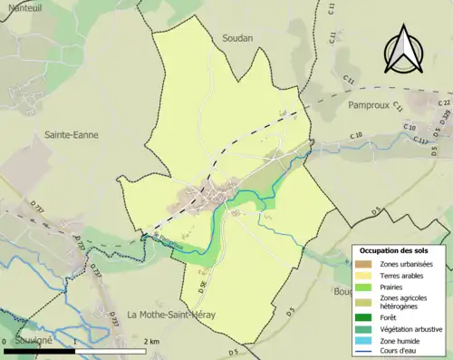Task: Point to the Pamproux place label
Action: (x=373, y=105)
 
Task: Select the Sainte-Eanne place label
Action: (x=72, y=134)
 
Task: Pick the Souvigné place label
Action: (x=27, y=339)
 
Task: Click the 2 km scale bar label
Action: (x=151, y=341)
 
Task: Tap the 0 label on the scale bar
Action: (x=5, y=341)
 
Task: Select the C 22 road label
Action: (x=443, y=103)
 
